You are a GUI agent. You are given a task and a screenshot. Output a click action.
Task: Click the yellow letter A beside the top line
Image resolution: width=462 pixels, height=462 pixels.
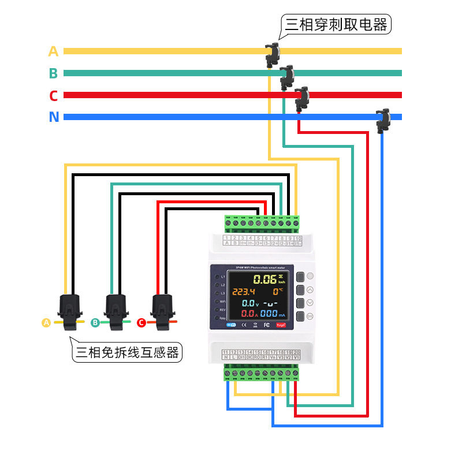coord(53,51)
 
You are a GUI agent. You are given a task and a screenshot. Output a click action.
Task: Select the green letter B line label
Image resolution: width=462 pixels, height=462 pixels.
coord(53,73)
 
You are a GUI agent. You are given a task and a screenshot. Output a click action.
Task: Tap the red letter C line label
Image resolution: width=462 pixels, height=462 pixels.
coord(53,95)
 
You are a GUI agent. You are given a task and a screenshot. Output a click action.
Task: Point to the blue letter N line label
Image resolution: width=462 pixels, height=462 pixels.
coord(54,117)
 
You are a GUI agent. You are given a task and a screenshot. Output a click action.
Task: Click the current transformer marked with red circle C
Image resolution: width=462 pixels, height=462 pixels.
coord(162,311)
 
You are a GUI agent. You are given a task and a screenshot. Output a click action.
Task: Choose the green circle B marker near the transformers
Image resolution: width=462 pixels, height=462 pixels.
coord(95,323)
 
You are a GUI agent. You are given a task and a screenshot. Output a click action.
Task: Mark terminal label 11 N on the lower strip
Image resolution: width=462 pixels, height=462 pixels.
coord(226,355)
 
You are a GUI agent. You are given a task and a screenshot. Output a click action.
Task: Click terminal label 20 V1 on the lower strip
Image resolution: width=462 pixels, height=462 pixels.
coord(296,355)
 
